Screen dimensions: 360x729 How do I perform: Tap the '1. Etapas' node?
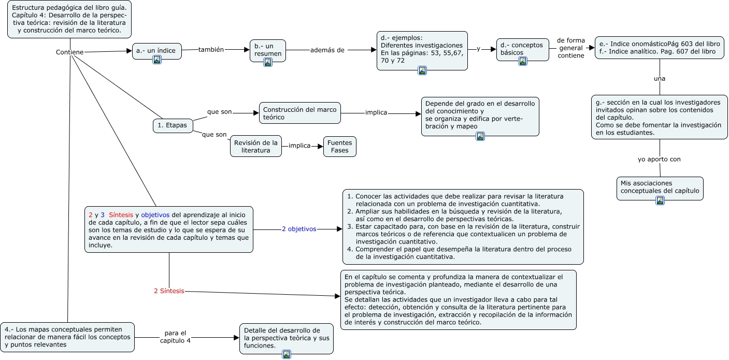173,125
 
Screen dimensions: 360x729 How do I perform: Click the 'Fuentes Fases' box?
339,147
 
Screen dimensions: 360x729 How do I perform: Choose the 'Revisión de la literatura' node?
255,146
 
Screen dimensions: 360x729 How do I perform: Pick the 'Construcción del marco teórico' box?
299,113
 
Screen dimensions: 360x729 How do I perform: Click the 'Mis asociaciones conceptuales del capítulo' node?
660,187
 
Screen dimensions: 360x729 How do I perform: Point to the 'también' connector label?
211,50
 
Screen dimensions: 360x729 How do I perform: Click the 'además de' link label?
327,50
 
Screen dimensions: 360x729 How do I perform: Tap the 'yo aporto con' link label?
659,159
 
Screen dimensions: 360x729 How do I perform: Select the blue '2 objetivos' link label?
298,228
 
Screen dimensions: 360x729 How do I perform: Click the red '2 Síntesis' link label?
169,291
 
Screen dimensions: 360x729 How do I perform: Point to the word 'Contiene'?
69,52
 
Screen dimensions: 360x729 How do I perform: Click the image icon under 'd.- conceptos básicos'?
522,61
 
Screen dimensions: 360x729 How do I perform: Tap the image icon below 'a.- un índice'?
156,60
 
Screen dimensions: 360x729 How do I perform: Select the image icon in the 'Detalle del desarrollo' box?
286,354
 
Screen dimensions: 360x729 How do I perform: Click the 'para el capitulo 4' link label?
175,337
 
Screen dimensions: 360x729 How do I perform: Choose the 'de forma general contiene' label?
570,48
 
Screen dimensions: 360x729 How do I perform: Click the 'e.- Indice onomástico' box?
659,48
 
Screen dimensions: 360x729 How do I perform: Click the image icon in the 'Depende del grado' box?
480,136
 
